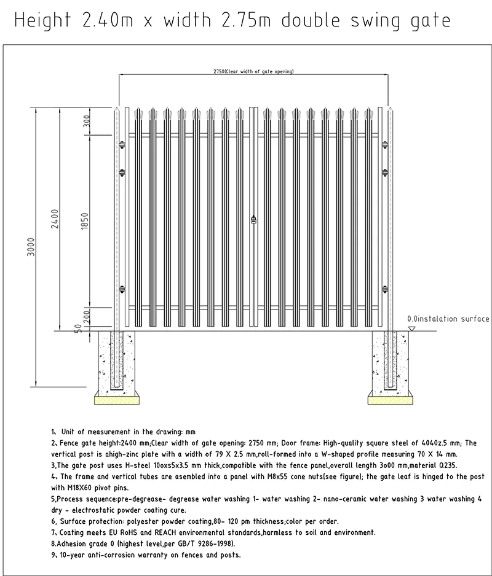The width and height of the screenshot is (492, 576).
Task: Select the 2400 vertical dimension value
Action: tap(55, 220)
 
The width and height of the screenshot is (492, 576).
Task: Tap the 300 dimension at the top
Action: tap(87, 121)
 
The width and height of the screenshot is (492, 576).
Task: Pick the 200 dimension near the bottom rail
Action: tap(87, 316)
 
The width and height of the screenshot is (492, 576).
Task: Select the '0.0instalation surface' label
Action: tap(448, 319)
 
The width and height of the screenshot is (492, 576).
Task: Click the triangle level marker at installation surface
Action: tap(412, 329)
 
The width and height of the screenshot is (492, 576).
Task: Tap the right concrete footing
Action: tap(390, 363)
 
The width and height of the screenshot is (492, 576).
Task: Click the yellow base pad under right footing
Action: tap(390, 400)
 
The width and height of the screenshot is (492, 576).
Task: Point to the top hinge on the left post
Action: tap(122, 145)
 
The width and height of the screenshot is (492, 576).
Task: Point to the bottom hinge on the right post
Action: tap(386, 287)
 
